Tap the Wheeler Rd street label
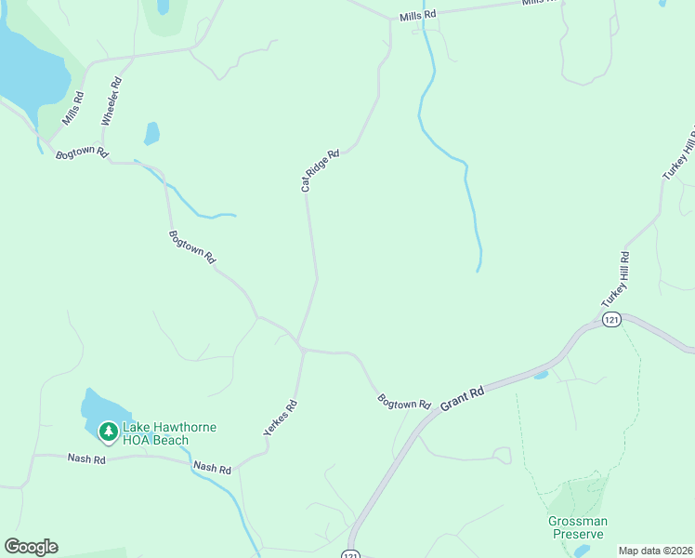[112, 101]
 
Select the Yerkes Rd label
[280, 418]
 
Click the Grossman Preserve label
[576, 527]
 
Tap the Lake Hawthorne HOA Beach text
[169, 433]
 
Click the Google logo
[31, 547]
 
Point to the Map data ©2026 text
[654, 550]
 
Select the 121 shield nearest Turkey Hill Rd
[610, 319]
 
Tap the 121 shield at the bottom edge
[349, 554]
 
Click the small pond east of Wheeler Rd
[151, 134]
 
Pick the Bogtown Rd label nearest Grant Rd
[404, 403]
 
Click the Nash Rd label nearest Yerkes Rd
[212, 468]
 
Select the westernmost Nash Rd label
[86, 458]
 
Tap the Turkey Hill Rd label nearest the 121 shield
[616, 280]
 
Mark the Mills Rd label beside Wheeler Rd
[73, 109]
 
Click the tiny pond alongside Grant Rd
[541, 375]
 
